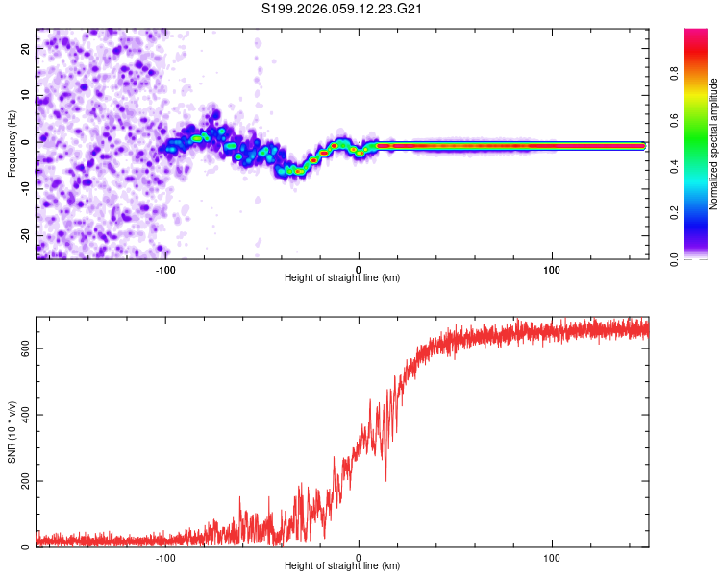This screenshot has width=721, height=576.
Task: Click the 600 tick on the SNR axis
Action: (24, 348)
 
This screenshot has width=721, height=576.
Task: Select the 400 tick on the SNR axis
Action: (24, 415)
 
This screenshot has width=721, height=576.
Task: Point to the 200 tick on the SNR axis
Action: (24, 481)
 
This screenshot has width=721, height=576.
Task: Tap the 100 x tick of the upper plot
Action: (552, 269)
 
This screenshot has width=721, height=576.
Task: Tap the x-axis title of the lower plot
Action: (342, 566)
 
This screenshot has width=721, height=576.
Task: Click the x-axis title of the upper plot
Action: (342, 278)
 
